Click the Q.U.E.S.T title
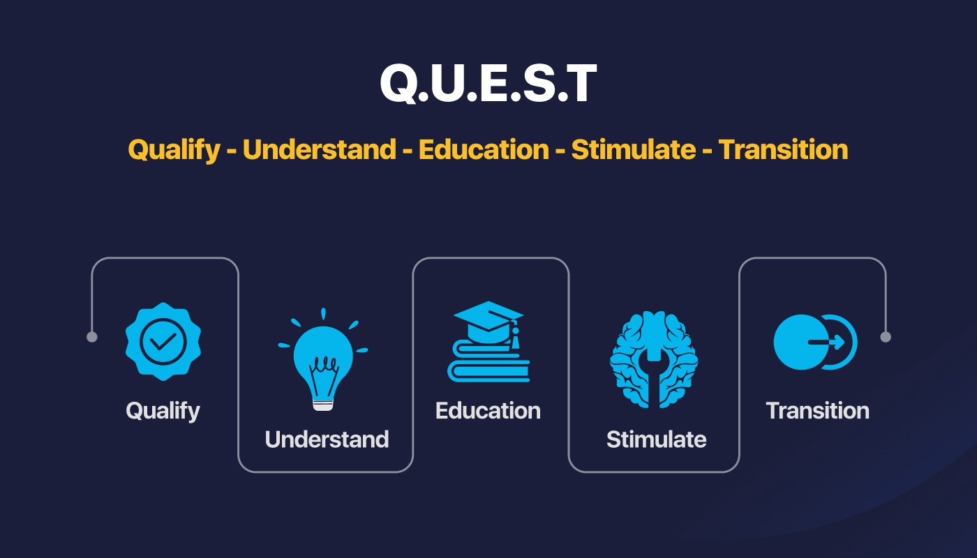coord(488,83)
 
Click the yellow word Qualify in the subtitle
coord(174,150)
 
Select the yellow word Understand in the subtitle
coord(320,149)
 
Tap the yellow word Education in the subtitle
coord(484,149)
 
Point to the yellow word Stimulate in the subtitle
coord(634,149)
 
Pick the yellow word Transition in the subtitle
coord(783,149)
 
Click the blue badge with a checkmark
coord(163,341)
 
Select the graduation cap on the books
coord(488,322)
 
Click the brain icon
coord(654,360)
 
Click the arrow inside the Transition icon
coord(826,342)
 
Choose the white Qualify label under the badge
coord(163,412)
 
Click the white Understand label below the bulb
coord(327,439)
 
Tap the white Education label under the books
coord(488,411)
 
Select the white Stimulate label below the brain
coord(657,439)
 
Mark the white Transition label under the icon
coord(818,411)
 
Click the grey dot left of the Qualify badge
coord(92,337)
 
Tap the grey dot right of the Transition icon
coord(886,337)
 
